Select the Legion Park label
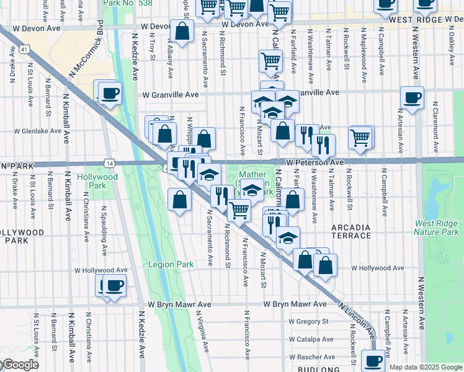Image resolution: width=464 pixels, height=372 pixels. pos(171,264)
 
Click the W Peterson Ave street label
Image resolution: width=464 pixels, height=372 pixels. pos(315,162)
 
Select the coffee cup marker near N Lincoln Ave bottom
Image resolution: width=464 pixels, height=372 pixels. pos(373,360)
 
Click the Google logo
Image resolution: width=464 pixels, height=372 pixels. pos(20,365)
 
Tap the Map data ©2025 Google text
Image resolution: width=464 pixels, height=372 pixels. pos(426,367)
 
